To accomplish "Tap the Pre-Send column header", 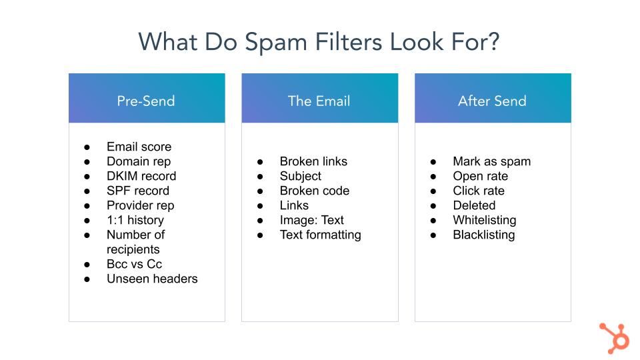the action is (x=147, y=98).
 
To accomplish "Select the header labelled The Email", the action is (x=319, y=98).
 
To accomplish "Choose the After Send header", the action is (x=493, y=98).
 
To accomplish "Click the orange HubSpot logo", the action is (x=614, y=338).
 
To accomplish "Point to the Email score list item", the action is (x=139, y=147).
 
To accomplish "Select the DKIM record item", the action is (x=141, y=176).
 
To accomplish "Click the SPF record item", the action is (x=138, y=191).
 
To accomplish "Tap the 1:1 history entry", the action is (x=135, y=220).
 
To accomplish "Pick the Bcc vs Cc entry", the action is (x=134, y=264).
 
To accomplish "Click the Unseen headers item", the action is (x=152, y=279).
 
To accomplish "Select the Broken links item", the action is (x=313, y=161).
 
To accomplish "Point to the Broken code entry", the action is (x=315, y=191).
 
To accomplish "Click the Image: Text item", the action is (x=312, y=220).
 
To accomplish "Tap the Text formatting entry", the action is (x=321, y=235).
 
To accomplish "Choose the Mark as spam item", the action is (x=492, y=161).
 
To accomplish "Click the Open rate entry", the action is (x=481, y=176).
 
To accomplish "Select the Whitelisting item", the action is (x=485, y=220).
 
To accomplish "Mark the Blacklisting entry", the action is (x=484, y=235).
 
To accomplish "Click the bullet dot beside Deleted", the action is (x=433, y=206).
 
